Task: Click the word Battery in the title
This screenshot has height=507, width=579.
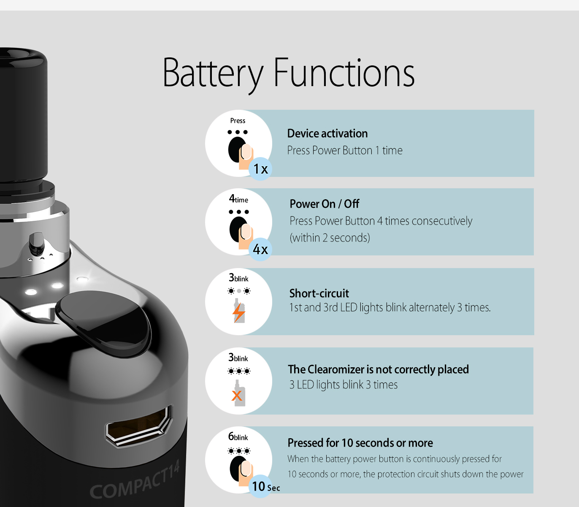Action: click(x=213, y=74)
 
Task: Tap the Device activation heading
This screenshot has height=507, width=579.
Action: click(x=327, y=133)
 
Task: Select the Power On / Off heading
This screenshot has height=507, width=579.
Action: click(x=324, y=204)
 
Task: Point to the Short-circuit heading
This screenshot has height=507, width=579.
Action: click(x=319, y=293)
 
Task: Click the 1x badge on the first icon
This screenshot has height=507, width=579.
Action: click(x=260, y=169)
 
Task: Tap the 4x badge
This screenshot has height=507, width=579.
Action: click(x=260, y=249)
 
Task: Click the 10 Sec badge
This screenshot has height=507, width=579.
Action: click(x=265, y=486)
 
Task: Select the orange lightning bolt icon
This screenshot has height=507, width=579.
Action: click(x=238, y=312)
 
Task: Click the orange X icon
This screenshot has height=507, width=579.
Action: click(x=237, y=396)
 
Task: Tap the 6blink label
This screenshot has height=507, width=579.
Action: click(x=238, y=437)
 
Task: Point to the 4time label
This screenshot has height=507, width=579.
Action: click(x=238, y=199)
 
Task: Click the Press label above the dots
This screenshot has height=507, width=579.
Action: click(x=238, y=121)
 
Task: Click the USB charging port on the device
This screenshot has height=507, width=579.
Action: click(x=139, y=426)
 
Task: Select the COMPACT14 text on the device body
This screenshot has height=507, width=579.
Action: click(x=135, y=480)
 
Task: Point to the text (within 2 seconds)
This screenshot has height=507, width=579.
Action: click(x=330, y=238)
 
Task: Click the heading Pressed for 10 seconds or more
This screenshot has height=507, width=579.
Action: click(x=360, y=443)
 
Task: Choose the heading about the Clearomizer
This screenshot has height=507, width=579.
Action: click(x=379, y=369)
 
